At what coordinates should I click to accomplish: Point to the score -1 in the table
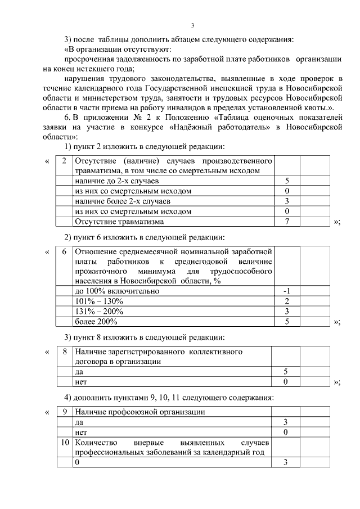pos(286,291)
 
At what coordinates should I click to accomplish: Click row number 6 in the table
pos(64,251)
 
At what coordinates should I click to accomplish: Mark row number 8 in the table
pos(64,352)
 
